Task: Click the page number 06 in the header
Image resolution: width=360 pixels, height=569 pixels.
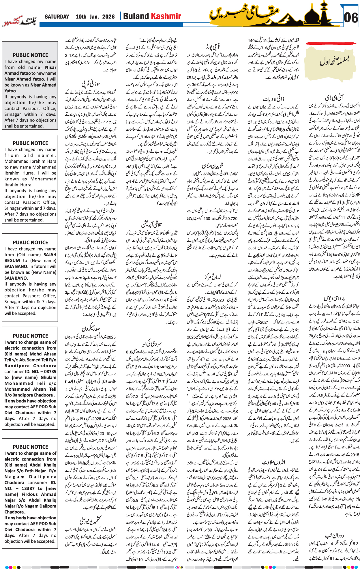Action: click(x=350, y=18)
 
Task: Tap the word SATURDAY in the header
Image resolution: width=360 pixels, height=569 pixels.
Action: click(x=57, y=17)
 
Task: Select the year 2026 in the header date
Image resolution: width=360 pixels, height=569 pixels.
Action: click(x=108, y=17)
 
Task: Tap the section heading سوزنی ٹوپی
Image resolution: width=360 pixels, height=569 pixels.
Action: click(x=91, y=84)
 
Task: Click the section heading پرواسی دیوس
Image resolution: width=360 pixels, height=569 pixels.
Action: click(x=334, y=298)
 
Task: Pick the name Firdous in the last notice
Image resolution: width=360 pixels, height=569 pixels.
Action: click(x=26, y=494)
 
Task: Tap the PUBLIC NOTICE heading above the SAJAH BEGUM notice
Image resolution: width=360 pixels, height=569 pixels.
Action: click(x=30, y=242)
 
